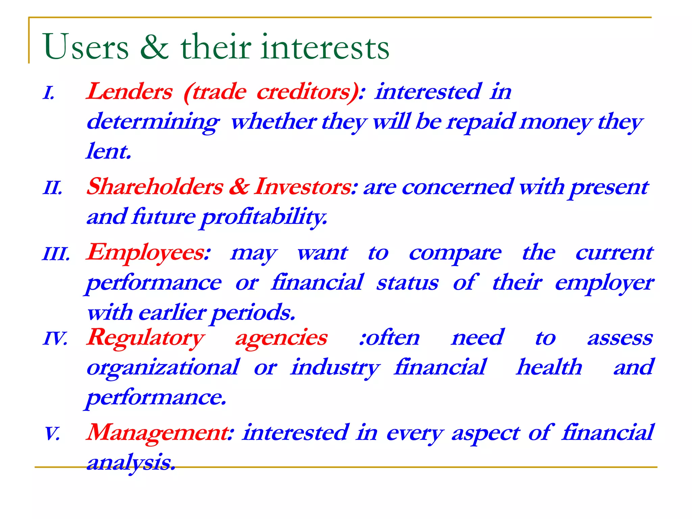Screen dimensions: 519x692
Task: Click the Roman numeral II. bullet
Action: [x=53, y=188]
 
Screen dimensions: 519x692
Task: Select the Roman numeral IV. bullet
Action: [x=55, y=338]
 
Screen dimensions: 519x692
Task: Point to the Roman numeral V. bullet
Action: [x=52, y=433]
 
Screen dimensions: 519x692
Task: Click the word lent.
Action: [x=108, y=151]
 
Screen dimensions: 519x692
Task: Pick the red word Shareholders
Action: [x=155, y=187]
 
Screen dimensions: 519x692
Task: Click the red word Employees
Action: [x=148, y=253]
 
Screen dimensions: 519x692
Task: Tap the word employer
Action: [x=604, y=283]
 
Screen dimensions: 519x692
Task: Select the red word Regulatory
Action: [x=146, y=338]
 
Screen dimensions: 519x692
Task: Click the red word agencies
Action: [x=281, y=338]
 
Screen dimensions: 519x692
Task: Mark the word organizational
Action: [x=163, y=368]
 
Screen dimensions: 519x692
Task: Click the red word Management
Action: [x=158, y=432]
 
